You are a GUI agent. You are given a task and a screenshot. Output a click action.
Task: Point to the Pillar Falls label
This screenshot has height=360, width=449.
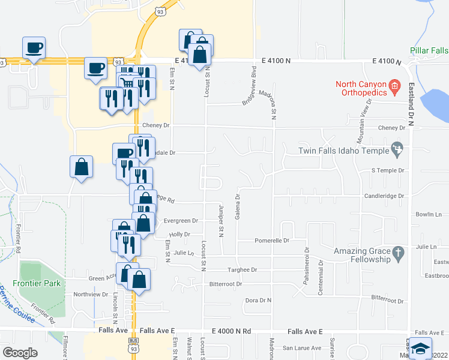[429, 50]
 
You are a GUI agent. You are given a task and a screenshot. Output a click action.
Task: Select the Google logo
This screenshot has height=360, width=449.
[20, 353]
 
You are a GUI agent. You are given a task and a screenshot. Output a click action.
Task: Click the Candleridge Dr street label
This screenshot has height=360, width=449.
[384, 196]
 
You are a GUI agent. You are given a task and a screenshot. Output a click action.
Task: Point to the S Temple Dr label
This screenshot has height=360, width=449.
[389, 170]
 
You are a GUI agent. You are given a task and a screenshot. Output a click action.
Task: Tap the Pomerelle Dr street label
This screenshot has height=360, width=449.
[272, 241]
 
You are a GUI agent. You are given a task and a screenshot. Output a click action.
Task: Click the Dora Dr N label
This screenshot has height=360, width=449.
[259, 300]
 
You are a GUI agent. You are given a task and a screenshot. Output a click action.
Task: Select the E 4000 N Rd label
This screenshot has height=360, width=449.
[231, 331]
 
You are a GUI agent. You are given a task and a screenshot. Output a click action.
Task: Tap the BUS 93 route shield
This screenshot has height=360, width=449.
[133, 349]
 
